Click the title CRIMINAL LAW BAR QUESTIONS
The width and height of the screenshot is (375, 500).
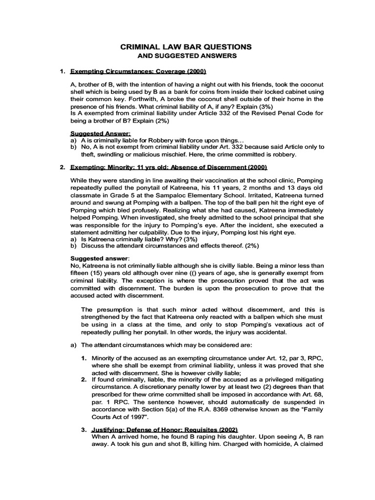[186, 47]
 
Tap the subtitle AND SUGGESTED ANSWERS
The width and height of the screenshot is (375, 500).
[186, 56]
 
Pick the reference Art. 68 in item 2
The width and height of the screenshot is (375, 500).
[309, 393]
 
